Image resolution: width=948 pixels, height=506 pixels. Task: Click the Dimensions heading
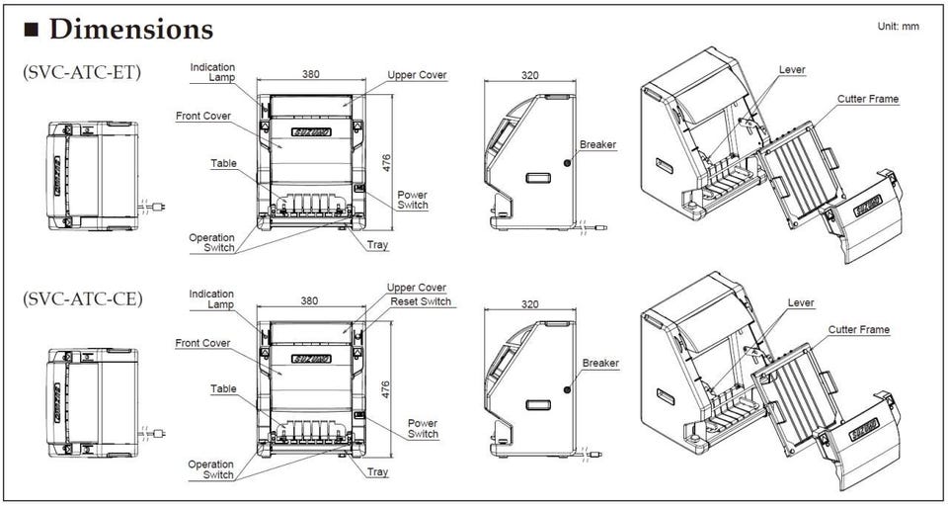(x=130, y=29)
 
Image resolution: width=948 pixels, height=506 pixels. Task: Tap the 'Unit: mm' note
(x=899, y=27)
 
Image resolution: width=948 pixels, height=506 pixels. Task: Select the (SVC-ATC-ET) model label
(x=82, y=72)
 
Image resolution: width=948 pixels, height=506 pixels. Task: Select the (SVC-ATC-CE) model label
(x=82, y=298)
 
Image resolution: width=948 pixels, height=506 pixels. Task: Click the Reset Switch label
(x=421, y=301)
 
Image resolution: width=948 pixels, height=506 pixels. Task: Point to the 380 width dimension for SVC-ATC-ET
(x=311, y=74)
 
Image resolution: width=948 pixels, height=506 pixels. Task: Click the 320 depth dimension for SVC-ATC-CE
(x=529, y=303)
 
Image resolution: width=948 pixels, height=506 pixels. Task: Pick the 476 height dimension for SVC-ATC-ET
(x=386, y=162)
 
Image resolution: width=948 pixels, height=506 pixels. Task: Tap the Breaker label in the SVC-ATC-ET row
(x=598, y=144)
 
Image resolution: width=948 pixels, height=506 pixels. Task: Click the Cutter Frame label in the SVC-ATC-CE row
(x=858, y=329)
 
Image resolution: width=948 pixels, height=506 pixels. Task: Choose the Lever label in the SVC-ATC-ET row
(x=792, y=69)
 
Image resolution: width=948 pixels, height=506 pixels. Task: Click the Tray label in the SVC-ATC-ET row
(x=377, y=246)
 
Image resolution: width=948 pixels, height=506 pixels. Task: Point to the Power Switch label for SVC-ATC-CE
(x=423, y=429)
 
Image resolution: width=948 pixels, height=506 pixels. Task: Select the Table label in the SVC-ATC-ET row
(x=224, y=163)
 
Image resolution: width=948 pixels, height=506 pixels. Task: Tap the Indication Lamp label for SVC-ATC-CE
(x=211, y=299)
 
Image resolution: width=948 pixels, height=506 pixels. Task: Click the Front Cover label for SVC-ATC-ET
(x=203, y=116)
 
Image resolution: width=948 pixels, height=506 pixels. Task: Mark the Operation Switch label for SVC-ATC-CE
(x=211, y=469)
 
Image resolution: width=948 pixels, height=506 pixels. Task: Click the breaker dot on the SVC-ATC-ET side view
(x=567, y=163)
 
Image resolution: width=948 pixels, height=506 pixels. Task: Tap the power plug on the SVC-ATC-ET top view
(x=159, y=207)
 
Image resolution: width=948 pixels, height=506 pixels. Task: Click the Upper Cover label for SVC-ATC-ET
(x=417, y=75)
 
